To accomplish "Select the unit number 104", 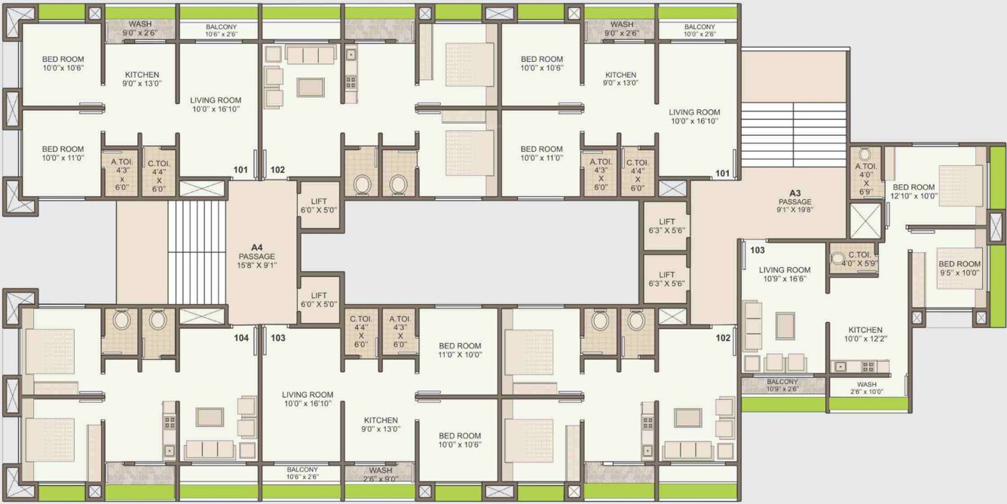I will pos(241,339).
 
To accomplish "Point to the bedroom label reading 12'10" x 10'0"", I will pos(914,192).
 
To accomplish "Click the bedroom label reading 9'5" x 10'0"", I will pos(960,269).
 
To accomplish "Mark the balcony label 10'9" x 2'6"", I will pos(782,386).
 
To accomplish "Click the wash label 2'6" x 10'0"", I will pos(867,389).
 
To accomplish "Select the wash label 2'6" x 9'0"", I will pos(380,474).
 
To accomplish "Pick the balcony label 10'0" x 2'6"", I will pos(699,30).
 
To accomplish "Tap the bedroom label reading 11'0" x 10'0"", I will pos(460,350).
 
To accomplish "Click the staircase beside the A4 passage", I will pos(196,254).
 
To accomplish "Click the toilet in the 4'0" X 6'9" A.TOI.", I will pos(865,155).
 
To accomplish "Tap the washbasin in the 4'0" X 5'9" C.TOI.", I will pos(837,259).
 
